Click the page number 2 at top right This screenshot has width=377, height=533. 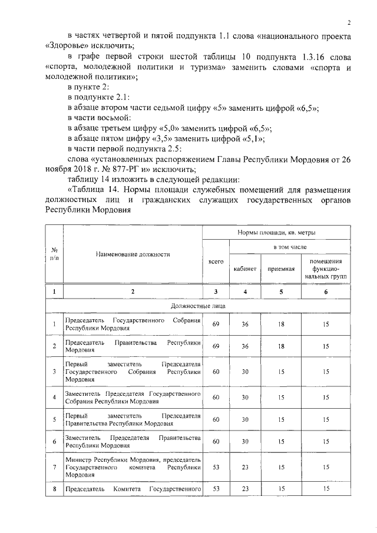349,23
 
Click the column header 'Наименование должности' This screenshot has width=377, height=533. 133,254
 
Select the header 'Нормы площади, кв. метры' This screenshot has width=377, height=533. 276,234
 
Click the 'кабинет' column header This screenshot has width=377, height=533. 244,269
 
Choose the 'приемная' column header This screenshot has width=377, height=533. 281,269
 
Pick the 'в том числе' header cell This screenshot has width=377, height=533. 289,248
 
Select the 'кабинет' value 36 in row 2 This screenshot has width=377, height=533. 244,346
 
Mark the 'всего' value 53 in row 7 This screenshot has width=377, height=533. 216,467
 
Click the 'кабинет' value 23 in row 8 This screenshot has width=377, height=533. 244,489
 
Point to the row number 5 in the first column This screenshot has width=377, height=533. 54,419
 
